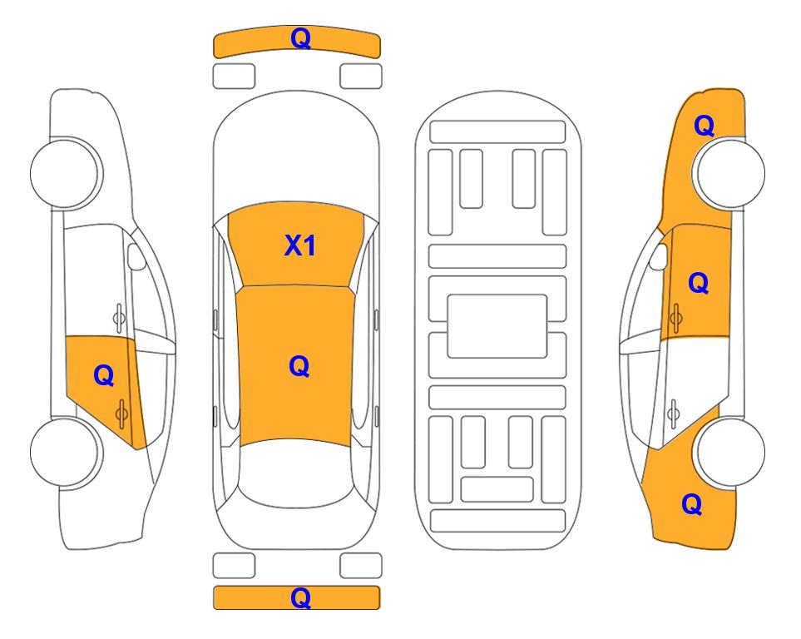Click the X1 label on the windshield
coord(300,245)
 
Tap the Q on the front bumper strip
coord(300,38)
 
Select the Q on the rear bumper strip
coord(300,597)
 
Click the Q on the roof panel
coord(299,366)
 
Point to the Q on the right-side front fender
coord(704,126)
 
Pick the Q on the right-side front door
coord(699,283)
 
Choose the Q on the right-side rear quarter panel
coord(692,504)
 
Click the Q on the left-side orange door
coord(104,376)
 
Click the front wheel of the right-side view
coord(730,173)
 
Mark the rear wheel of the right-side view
coord(730,452)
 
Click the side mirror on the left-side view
coord(136,256)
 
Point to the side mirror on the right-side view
coord(659,256)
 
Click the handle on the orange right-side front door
coord(676,318)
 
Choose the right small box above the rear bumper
coord(361,566)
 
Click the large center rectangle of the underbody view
coord(497,326)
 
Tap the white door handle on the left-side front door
coord(119,318)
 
